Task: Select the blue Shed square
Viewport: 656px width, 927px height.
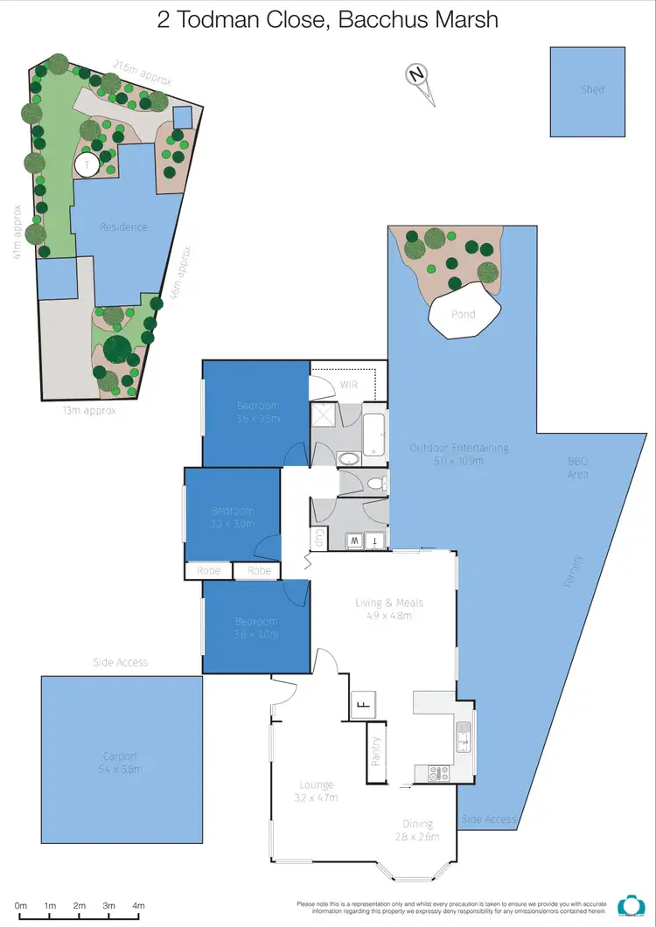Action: click(588, 92)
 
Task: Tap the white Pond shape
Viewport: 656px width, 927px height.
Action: click(464, 312)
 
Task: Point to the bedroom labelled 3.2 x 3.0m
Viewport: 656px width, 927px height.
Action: click(233, 517)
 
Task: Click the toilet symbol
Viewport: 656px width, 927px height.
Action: click(374, 484)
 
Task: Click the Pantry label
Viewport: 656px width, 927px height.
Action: click(376, 750)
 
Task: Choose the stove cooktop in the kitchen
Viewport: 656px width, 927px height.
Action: click(437, 772)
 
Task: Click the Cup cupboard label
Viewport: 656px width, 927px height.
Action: click(318, 539)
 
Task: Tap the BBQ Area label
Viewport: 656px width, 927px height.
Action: click(578, 468)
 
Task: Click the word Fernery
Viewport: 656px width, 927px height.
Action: click(574, 570)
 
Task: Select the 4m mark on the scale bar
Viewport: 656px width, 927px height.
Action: click(138, 905)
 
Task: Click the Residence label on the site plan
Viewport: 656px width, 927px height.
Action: click(123, 227)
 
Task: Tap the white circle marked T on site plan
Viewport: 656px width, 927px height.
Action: click(87, 164)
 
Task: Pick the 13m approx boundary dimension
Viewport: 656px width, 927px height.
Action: click(87, 410)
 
